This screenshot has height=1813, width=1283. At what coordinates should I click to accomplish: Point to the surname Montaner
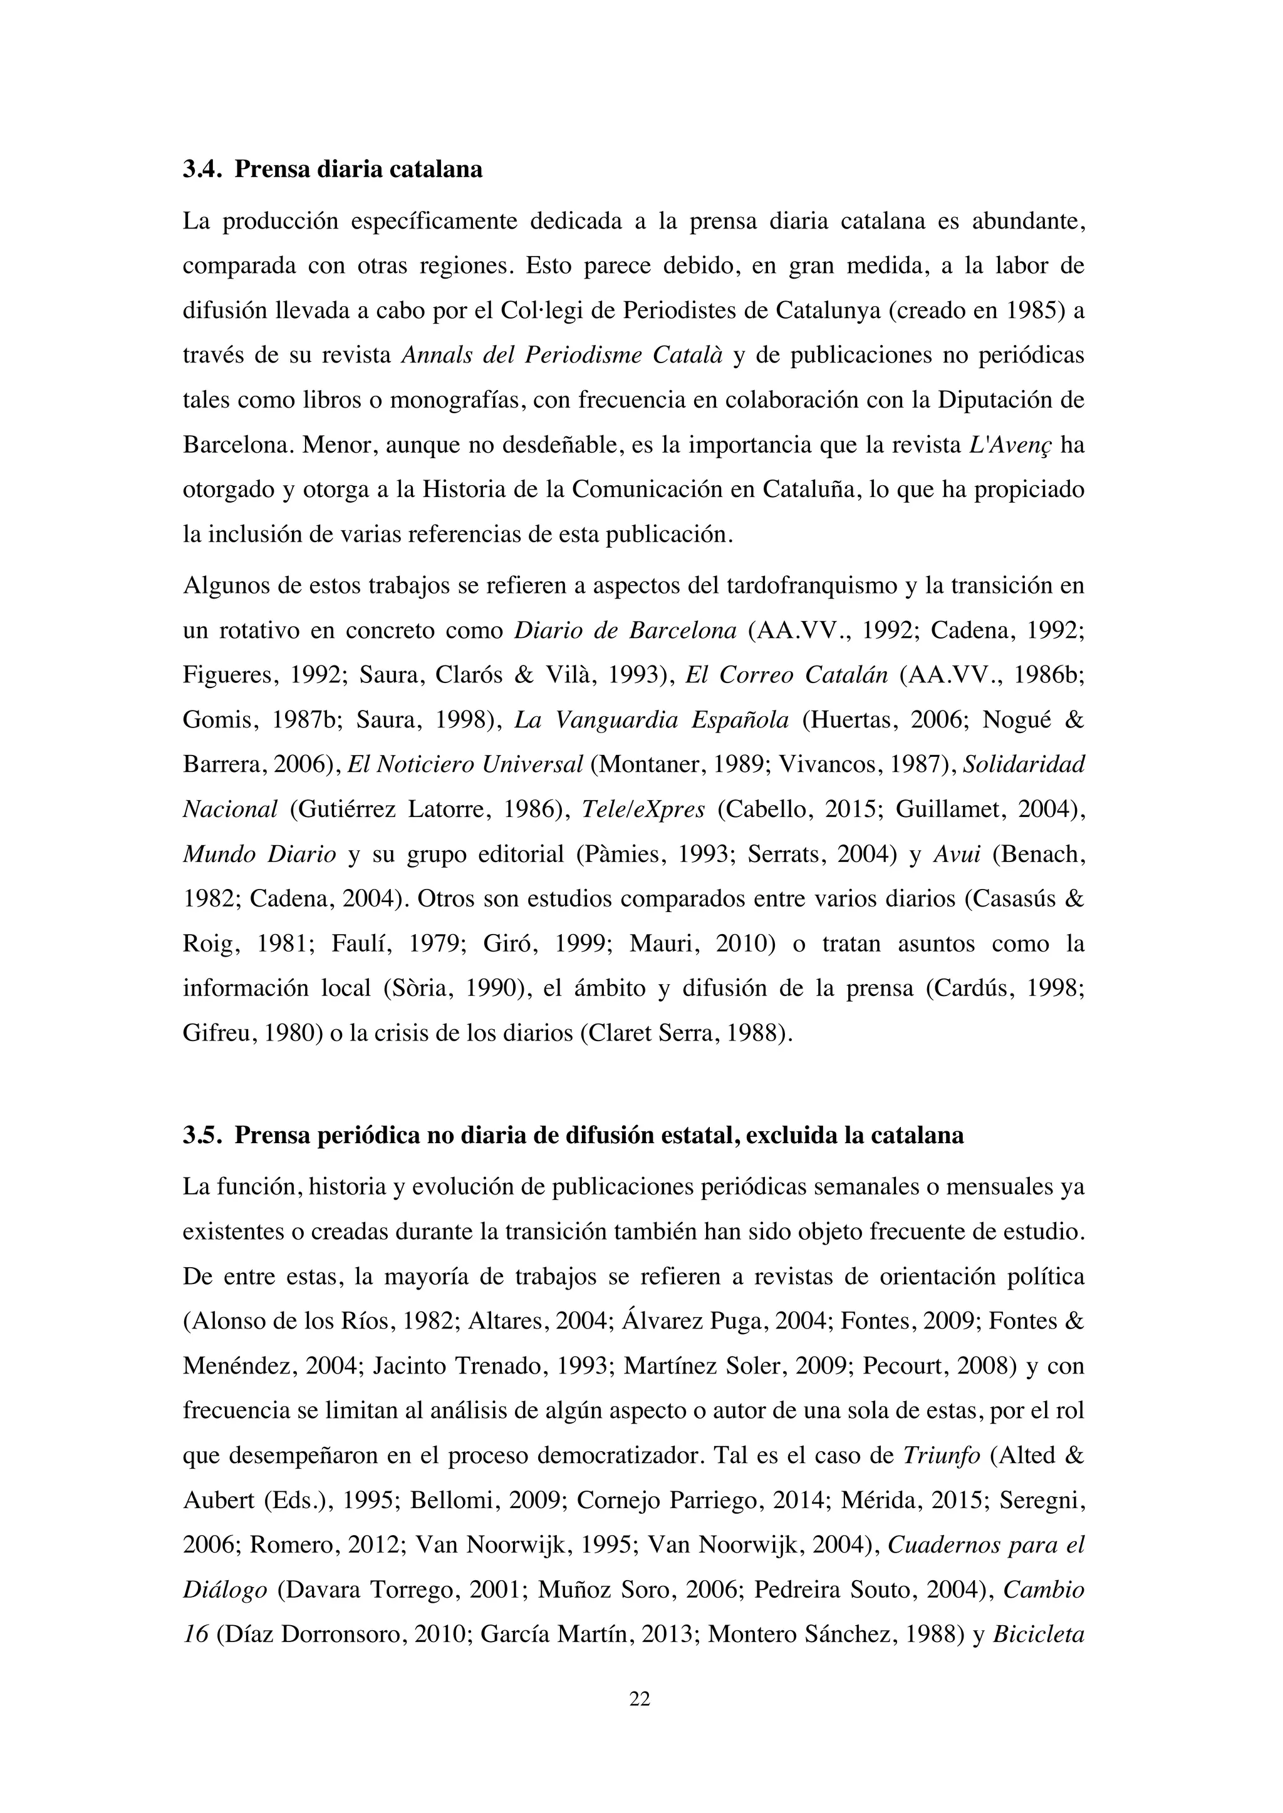[650, 764]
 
